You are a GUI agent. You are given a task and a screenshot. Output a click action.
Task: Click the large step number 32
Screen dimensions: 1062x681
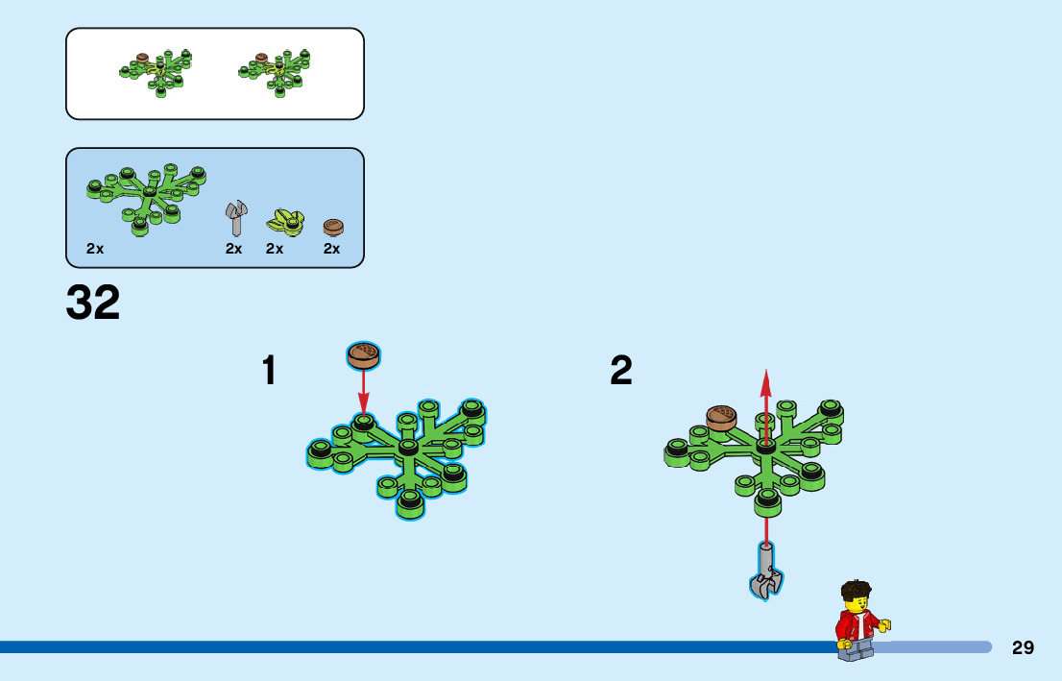click(x=93, y=303)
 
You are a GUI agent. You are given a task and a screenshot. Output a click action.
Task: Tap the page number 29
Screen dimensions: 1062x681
click(x=1023, y=647)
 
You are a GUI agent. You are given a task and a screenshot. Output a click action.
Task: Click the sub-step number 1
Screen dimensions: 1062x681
click(x=269, y=371)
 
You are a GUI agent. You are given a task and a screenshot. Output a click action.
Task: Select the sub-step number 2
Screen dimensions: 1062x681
click(x=621, y=371)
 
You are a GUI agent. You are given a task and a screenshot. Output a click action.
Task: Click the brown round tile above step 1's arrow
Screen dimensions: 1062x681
click(x=363, y=355)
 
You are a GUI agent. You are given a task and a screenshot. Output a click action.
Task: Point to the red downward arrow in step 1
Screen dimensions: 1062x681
click(x=363, y=394)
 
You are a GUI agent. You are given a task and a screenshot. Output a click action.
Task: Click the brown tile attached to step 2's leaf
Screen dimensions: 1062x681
click(x=721, y=417)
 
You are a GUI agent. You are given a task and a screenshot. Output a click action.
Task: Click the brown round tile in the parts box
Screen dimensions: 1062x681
click(x=332, y=227)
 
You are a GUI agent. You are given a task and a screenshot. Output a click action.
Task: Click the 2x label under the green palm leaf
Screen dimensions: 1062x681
click(x=94, y=249)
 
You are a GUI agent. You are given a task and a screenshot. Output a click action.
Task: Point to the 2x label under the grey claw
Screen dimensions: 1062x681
click(x=234, y=249)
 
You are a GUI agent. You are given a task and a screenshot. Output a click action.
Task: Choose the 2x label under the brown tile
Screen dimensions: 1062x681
click(x=331, y=249)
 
